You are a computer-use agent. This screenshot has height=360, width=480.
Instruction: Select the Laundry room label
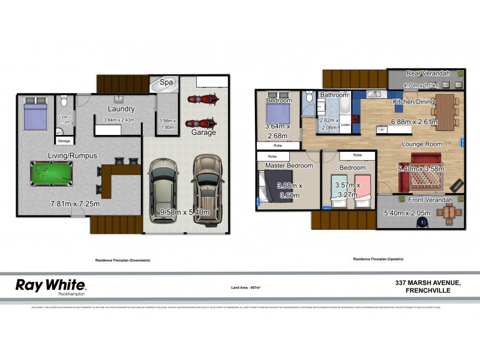(x=121, y=109)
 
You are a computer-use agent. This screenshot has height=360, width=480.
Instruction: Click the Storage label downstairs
(x=64, y=142)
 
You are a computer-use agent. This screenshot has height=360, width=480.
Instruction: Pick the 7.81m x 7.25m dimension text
(x=74, y=205)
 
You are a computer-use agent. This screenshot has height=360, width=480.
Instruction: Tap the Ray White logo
(x=50, y=286)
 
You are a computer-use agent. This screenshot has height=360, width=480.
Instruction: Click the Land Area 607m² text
(x=245, y=287)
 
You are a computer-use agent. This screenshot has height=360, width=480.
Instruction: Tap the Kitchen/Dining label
(x=413, y=102)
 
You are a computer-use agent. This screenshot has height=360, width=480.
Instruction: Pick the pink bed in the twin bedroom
(x=363, y=189)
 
